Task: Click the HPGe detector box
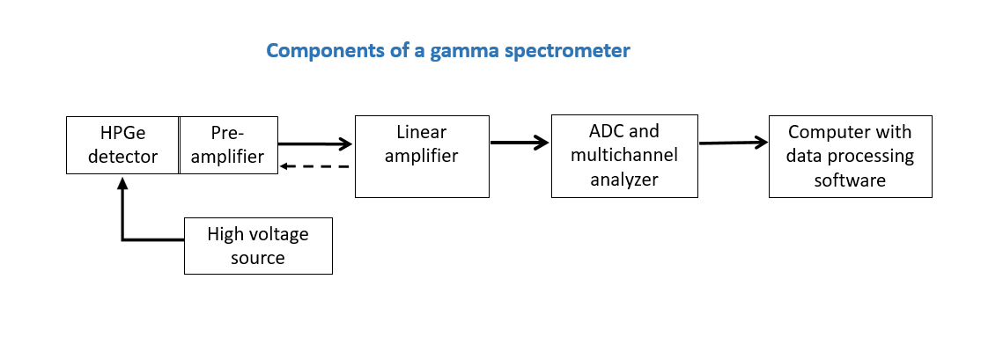tap(122, 144)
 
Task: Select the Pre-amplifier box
tap(228, 144)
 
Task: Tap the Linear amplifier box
tap(421, 156)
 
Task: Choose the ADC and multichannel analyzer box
tap(623, 156)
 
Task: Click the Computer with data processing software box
tap(849, 156)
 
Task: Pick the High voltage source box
tap(258, 246)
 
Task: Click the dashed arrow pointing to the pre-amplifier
tap(314, 165)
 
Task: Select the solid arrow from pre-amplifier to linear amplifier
tap(315, 144)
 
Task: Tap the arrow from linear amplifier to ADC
tap(520, 142)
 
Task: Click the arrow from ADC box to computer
tap(733, 142)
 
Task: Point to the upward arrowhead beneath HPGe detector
tap(122, 184)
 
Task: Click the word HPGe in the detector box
tap(122, 133)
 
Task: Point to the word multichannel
tap(623, 157)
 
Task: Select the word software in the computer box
tap(849, 180)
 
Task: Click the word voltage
tap(278, 234)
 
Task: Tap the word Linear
tap(421, 133)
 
